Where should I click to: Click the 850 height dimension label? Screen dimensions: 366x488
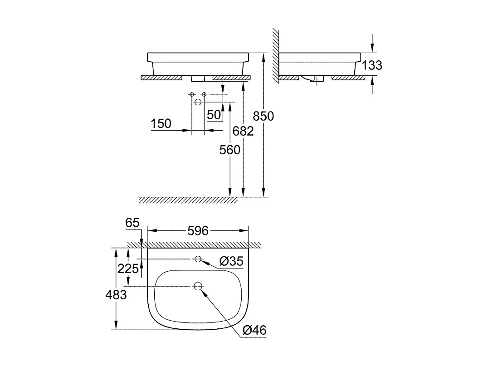[x=264, y=117]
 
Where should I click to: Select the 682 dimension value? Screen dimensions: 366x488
[x=243, y=131]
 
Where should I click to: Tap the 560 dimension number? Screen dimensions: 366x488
[x=230, y=150]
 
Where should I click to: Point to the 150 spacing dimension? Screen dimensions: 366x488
[x=161, y=123]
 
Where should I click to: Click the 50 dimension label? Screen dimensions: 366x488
[x=214, y=115]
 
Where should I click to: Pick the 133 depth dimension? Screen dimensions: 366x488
[x=372, y=65]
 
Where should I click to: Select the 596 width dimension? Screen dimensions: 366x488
[x=198, y=231]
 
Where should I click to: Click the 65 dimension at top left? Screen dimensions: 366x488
[x=133, y=223]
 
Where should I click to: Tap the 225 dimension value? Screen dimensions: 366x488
[x=128, y=268]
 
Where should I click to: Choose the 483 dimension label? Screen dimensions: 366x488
[x=116, y=295]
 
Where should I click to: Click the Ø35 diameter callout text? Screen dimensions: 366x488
[x=231, y=261]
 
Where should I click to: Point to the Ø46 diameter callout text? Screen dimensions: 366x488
[x=254, y=331]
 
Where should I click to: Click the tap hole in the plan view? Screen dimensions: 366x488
[x=197, y=259]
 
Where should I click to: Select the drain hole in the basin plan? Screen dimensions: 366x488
[x=198, y=286]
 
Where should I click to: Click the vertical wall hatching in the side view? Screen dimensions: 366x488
[x=275, y=54]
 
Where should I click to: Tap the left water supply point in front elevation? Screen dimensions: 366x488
[x=192, y=94]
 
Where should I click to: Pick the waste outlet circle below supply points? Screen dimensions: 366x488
[x=198, y=102]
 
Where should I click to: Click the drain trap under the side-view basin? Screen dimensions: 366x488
[x=312, y=80]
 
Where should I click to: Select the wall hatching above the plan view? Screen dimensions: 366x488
[x=195, y=245]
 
